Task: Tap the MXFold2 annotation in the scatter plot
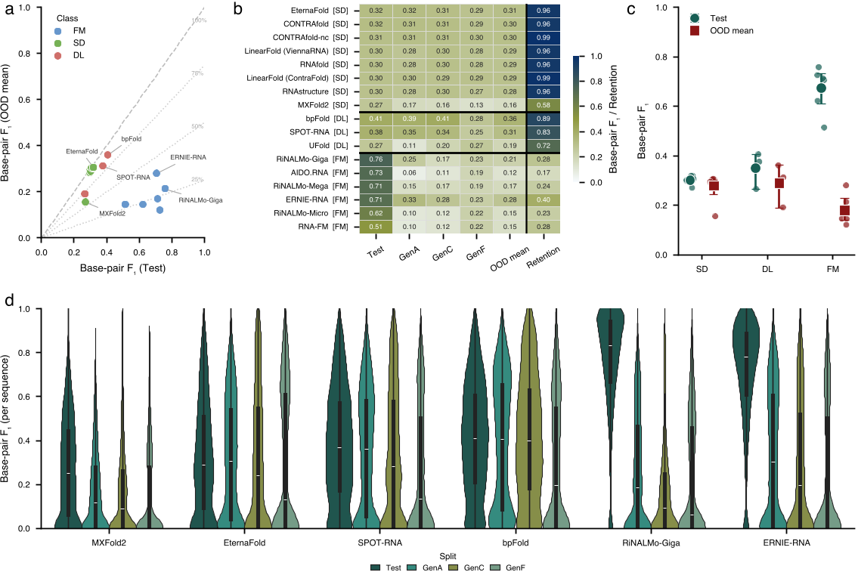click(112, 214)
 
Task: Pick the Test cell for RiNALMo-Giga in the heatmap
click(375, 159)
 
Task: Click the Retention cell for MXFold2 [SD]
click(543, 104)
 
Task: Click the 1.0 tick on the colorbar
click(597, 57)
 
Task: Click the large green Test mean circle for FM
click(821, 88)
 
